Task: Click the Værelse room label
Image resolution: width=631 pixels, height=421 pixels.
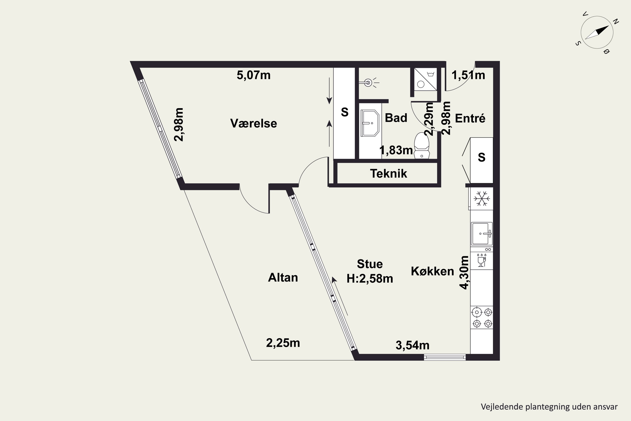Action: pyautogui.click(x=253, y=123)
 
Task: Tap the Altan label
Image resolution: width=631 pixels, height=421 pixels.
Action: pyautogui.click(x=283, y=277)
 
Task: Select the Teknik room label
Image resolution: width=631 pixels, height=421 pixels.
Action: pyautogui.click(x=388, y=173)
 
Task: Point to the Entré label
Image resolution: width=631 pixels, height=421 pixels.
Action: pyautogui.click(x=470, y=118)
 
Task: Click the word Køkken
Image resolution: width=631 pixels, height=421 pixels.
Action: pyautogui.click(x=432, y=271)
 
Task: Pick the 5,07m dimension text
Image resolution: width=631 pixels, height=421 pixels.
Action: pyautogui.click(x=253, y=75)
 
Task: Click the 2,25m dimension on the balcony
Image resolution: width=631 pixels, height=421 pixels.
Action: pyautogui.click(x=283, y=343)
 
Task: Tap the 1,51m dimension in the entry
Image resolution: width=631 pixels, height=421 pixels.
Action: pyautogui.click(x=468, y=75)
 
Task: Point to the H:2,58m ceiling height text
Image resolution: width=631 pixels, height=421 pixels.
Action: pyautogui.click(x=370, y=279)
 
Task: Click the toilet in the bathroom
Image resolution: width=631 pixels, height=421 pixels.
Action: pyautogui.click(x=422, y=145)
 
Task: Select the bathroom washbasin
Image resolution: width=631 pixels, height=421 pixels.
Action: pyautogui.click(x=370, y=123)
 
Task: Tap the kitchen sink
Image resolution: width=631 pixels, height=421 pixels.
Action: pyautogui.click(x=482, y=234)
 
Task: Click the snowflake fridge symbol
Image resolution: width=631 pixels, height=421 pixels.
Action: pyautogui.click(x=482, y=199)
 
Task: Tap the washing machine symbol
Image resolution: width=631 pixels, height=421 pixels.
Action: pyautogui.click(x=426, y=79)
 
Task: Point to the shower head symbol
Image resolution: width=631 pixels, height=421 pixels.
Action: pyautogui.click(x=369, y=83)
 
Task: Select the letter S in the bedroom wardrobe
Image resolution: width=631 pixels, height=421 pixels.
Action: pyautogui.click(x=345, y=112)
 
